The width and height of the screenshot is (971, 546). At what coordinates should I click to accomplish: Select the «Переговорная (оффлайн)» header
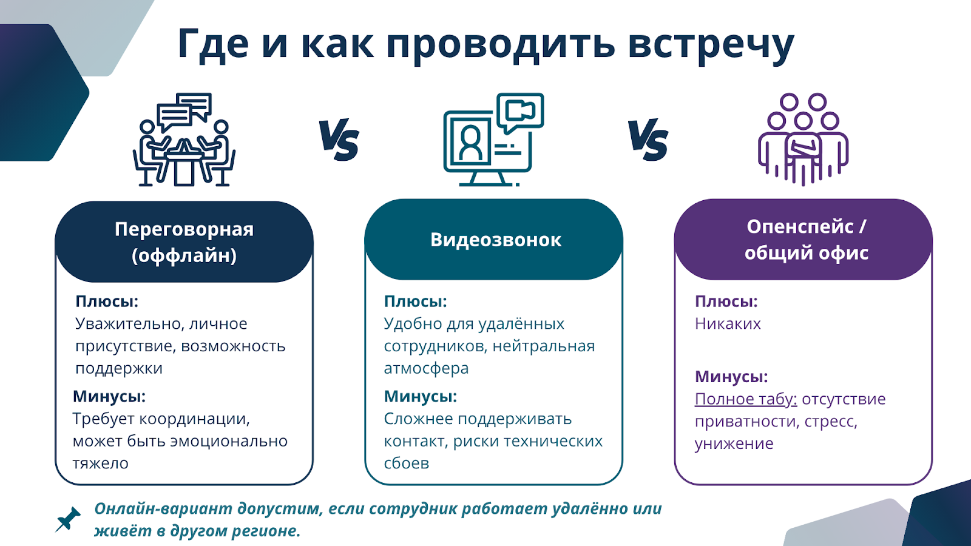coord(184,242)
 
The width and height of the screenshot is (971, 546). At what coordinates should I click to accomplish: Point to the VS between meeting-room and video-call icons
coord(339,140)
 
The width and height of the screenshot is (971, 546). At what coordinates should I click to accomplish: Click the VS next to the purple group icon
coord(648,140)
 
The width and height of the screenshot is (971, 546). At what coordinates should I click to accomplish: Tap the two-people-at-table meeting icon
coord(184,140)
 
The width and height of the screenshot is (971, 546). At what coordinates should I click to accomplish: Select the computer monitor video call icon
coord(494,140)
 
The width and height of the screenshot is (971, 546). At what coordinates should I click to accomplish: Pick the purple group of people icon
coord(803,140)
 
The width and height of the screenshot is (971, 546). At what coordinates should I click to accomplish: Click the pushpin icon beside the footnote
coord(68,519)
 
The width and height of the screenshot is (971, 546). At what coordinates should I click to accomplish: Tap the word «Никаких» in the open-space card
coord(728,324)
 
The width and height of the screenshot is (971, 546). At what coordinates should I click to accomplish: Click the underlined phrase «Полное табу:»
coord(746,399)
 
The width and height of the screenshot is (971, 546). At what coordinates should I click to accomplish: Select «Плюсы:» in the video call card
coord(415,301)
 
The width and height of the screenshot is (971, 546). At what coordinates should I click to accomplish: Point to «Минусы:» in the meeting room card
coord(109,396)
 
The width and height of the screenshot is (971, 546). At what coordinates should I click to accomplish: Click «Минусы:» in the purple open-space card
coord(731,377)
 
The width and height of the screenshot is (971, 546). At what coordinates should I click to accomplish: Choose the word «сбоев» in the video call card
coord(407,463)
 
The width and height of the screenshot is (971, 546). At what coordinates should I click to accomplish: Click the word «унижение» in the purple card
coord(734,443)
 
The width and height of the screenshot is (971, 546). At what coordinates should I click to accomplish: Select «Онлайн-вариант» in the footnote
coord(163,509)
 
